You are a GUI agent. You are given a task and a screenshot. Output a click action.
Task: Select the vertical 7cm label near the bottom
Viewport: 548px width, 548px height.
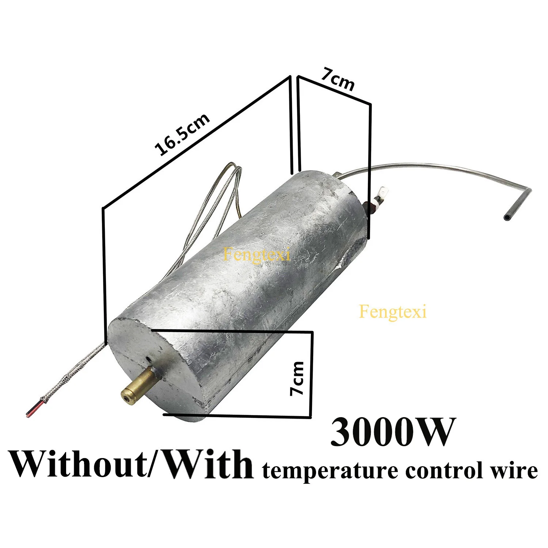(x=297, y=378)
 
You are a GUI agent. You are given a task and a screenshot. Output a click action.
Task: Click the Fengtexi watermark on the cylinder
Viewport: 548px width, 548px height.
(x=257, y=254)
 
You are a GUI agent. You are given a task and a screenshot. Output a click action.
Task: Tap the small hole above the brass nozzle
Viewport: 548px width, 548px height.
(x=149, y=359)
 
